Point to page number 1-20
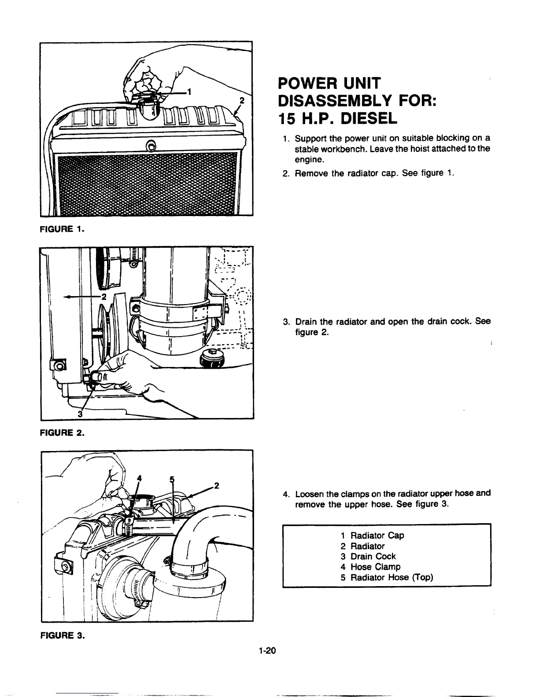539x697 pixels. [x=267, y=651]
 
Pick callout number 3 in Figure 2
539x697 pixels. [x=80, y=414]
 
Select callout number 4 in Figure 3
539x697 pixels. [x=140, y=478]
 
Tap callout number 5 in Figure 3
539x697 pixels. [x=172, y=479]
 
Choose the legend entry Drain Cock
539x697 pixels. [x=373, y=556]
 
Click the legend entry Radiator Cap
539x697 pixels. [x=377, y=536]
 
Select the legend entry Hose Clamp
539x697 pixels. [x=375, y=567]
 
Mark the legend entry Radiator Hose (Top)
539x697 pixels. [x=391, y=577]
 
